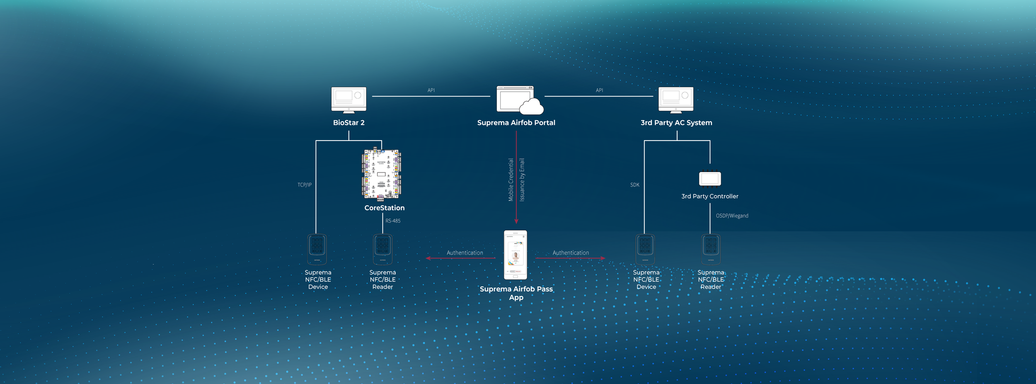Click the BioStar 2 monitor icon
pyautogui.click(x=349, y=100)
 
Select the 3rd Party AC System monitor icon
pyautogui.click(x=676, y=100)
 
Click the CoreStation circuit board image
pyautogui.click(x=382, y=174)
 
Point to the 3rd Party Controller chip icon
pyautogui.click(x=710, y=179)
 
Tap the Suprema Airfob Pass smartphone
pyautogui.click(x=516, y=255)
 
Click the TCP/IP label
pyautogui.click(x=305, y=185)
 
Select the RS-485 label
pyautogui.click(x=393, y=221)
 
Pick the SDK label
pyautogui.click(x=634, y=185)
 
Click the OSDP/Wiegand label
pyautogui.click(x=732, y=216)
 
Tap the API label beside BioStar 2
pyautogui.click(x=431, y=90)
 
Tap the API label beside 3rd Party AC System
pyautogui.click(x=599, y=90)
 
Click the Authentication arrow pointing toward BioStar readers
pyautogui.click(x=460, y=258)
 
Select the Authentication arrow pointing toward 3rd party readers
pyautogui.click(x=570, y=258)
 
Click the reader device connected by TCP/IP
pyautogui.click(x=317, y=249)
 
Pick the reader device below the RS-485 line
pyautogui.click(x=382, y=249)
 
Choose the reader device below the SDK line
pyautogui.click(x=645, y=249)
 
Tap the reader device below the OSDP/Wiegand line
pyautogui.click(x=711, y=249)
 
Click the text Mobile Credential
pyautogui.click(x=511, y=180)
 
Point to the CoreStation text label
pyautogui.click(x=385, y=208)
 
